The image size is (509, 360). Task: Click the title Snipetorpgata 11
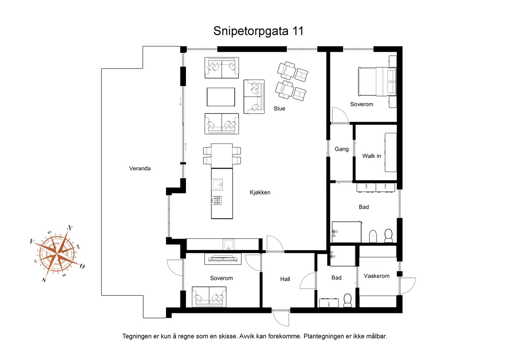pos(258,31)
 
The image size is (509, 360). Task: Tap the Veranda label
pos(140,169)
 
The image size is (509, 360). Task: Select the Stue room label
pos(279,109)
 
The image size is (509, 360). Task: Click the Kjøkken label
pos(260,192)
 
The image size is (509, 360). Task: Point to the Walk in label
pos(371,156)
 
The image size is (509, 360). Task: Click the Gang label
pos(341,149)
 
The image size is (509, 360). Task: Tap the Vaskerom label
pos(376,276)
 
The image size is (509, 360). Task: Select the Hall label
pos(285,279)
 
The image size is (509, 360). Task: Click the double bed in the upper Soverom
pos(377,81)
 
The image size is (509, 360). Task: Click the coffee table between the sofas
pos(221,97)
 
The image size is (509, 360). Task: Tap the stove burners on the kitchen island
pos(217,200)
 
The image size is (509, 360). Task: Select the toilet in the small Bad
pos(347,300)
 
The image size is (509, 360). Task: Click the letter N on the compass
pos(70,228)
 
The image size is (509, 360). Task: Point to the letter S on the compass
pos(44,280)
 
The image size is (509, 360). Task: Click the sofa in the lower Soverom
pos(209,297)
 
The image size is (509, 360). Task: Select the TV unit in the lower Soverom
pos(223,259)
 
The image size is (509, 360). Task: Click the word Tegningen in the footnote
pos(136,336)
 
